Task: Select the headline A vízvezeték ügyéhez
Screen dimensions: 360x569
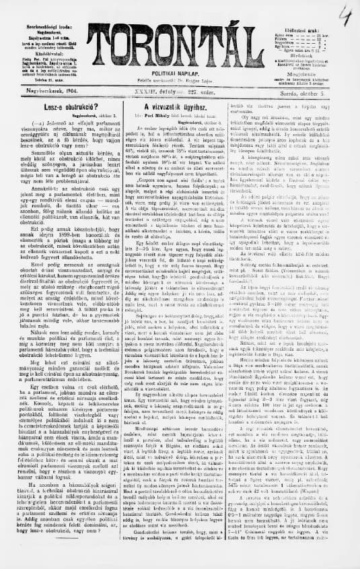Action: (x=178, y=107)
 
